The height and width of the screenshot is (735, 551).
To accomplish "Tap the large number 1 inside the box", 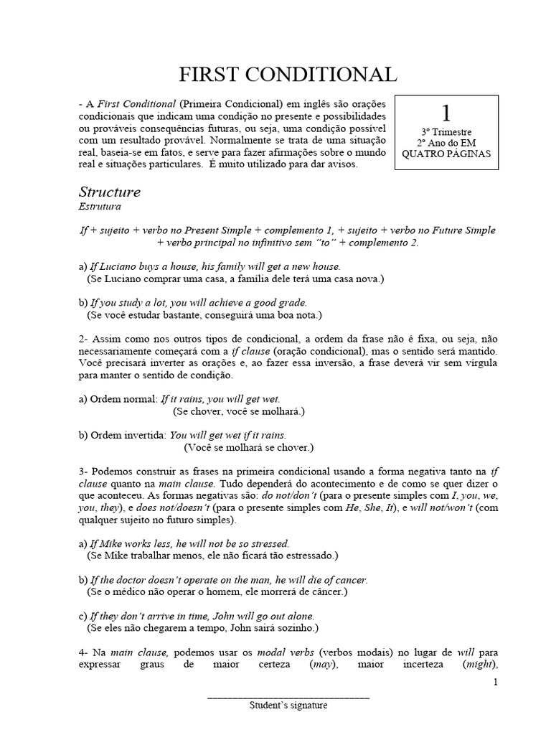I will coord(446,113).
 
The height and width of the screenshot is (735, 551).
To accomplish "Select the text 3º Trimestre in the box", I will coord(446,133).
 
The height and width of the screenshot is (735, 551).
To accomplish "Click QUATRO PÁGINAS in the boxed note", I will coord(446,154).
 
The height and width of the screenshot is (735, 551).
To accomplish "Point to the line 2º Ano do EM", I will coord(446,143).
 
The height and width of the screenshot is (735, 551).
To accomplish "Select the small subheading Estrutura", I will coord(100,206).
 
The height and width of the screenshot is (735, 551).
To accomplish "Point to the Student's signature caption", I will coord(288,706).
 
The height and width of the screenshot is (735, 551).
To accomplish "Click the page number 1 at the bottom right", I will coord(495,682).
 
